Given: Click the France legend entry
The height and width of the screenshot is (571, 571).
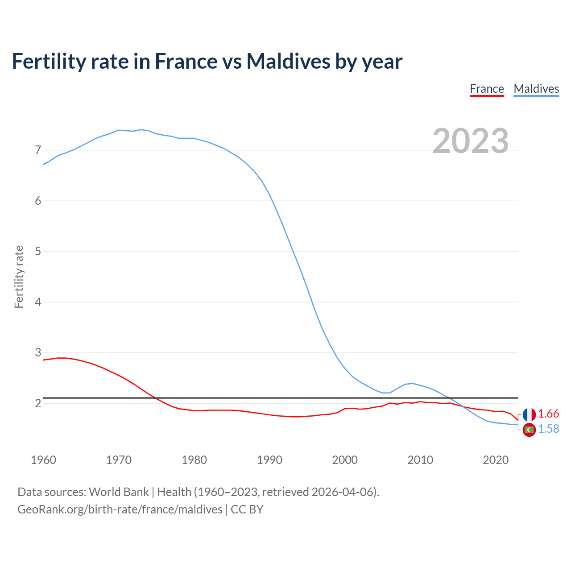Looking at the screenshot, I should (x=487, y=89).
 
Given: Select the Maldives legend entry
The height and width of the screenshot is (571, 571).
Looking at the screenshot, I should (x=536, y=89).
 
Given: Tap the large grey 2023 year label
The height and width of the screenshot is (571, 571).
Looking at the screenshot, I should (x=471, y=141).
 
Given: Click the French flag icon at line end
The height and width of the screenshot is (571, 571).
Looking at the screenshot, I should (x=529, y=414).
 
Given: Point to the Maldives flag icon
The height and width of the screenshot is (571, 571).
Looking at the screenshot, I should (x=529, y=430).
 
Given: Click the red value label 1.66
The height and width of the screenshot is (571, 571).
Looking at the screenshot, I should (x=548, y=414).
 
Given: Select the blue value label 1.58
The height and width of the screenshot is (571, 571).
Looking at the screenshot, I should (x=548, y=429).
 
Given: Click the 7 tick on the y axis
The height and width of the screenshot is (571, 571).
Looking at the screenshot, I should (x=38, y=150).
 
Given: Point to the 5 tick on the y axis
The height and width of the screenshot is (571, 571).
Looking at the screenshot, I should (x=38, y=251).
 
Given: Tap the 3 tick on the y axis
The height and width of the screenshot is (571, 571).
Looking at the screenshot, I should (x=38, y=352).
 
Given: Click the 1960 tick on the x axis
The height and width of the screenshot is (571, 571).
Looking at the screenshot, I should (x=43, y=460).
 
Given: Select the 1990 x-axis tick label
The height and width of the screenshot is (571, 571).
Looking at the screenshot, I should (x=269, y=460).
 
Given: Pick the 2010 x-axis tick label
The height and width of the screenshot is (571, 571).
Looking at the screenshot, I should (x=420, y=460).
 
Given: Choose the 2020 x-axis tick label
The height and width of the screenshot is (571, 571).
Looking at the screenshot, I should (x=496, y=460).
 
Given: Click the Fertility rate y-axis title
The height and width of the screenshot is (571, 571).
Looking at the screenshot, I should (x=19, y=277).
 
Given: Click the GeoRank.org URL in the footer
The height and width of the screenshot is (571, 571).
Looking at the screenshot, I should (x=120, y=509).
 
